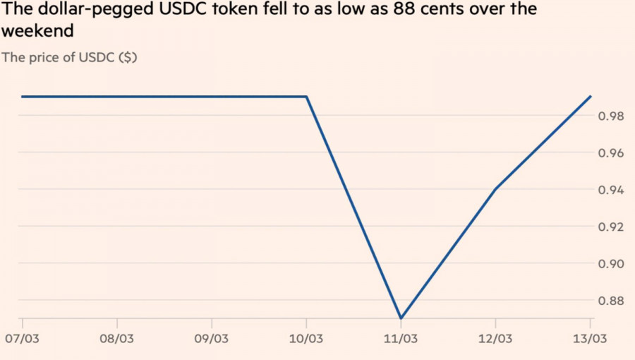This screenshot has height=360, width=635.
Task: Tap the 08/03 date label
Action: tap(116, 339)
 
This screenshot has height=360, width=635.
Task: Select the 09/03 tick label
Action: tap(212, 339)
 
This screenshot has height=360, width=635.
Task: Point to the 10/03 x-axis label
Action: tap(306, 339)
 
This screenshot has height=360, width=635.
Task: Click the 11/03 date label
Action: tap(401, 339)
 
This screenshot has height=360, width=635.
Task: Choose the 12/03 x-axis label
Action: tap(495, 339)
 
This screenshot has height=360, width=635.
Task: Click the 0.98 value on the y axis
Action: tap(610, 116)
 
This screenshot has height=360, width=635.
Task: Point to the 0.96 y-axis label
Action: tap(610, 153)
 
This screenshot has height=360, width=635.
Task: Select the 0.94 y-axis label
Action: tap(610, 190)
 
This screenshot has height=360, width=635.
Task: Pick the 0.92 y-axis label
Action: tap(610, 227)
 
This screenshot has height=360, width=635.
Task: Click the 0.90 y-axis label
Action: tap(610, 263)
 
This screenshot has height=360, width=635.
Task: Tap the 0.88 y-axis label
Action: tap(610, 300)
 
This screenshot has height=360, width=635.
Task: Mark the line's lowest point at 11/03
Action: tap(401, 318)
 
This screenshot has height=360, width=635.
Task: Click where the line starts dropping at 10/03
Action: tap(307, 97)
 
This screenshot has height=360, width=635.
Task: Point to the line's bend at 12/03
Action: tap(495, 188)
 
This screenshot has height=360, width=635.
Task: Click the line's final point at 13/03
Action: tap(591, 97)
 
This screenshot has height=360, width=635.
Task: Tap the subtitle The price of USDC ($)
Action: tap(69, 57)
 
